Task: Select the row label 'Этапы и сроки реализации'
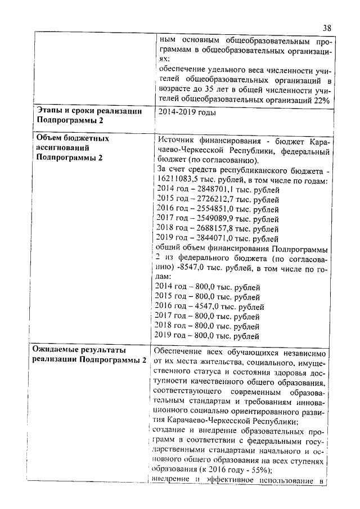pos(89,111)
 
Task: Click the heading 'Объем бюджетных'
pos(73,138)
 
